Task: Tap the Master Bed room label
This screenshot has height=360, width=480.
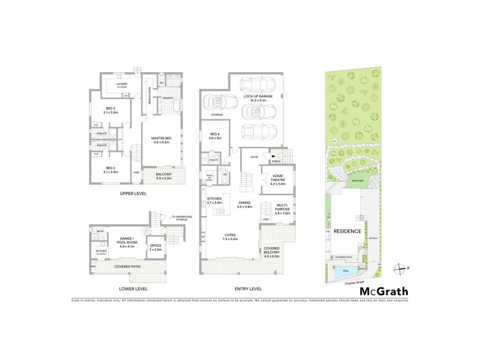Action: point(162,141)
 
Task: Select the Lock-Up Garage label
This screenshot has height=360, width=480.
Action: point(259,98)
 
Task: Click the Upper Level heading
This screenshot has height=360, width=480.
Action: point(133,194)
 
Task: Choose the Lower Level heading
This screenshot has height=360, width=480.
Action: point(133,289)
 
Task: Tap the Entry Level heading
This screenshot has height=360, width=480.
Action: point(247,289)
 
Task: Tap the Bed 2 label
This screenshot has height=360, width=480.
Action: point(110,170)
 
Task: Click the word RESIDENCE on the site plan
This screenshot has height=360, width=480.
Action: point(347,231)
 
